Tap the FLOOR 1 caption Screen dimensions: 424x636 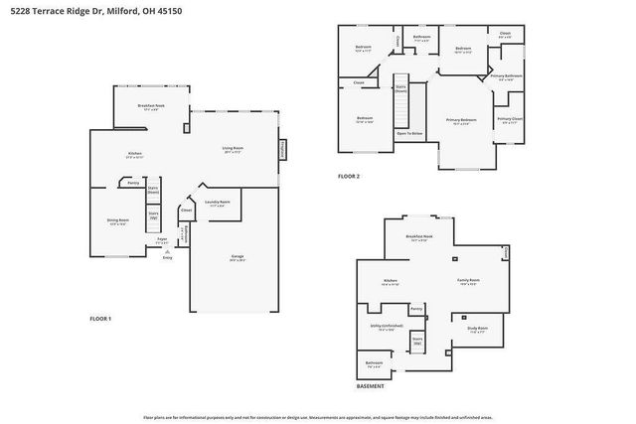[101, 318]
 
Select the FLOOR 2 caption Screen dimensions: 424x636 [348, 176]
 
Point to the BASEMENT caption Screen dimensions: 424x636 [371, 385]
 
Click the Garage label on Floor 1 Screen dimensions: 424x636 [238, 257]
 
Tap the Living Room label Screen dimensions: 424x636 [234, 149]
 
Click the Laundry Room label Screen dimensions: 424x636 [218, 203]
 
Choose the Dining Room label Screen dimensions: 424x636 [117, 221]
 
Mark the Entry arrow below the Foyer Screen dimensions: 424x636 [167, 257]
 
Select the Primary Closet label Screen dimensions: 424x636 [510, 121]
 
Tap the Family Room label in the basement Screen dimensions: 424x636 [467, 282]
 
